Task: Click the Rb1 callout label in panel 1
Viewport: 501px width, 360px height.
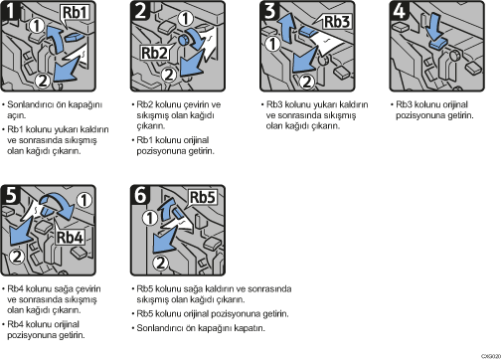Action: [x=75, y=13]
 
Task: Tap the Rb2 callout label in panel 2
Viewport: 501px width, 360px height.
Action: [x=154, y=53]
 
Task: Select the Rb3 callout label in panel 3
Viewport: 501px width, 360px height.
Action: [x=337, y=22]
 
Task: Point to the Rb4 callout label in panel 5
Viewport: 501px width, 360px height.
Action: [x=70, y=237]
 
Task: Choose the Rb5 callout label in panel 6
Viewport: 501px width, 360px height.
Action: [x=203, y=197]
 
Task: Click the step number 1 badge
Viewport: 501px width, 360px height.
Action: [x=11, y=10]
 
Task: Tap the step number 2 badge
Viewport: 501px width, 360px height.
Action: [x=140, y=10]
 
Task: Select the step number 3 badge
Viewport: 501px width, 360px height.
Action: [x=269, y=10]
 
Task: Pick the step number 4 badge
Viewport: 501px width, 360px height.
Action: [x=400, y=10]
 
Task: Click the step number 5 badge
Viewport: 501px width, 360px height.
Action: [x=11, y=194]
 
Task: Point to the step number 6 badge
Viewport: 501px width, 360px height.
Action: [x=140, y=194]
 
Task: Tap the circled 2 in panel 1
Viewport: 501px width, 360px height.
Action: [x=43, y=81]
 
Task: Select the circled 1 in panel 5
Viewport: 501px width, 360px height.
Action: [x=84, y=200]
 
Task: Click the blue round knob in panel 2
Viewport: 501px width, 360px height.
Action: [x=183, y=40]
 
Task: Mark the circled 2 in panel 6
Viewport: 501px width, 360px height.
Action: [x=161, y=263]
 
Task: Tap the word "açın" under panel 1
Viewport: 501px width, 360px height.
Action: [x=16, y=115]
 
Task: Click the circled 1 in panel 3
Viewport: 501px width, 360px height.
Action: [x=273, y=44]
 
